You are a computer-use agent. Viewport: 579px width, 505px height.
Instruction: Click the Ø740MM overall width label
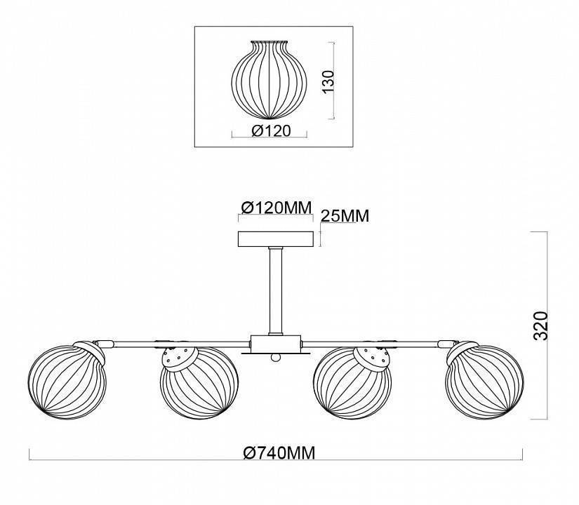(x=279, y=452)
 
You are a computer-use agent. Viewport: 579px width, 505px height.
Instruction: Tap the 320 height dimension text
(x=541, y=325)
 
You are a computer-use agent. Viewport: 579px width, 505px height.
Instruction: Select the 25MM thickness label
(x=345, y=216)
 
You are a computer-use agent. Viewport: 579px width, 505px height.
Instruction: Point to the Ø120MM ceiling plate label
(x=277, y=208)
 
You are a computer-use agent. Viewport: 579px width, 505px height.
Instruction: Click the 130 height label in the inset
(x=328, y=81)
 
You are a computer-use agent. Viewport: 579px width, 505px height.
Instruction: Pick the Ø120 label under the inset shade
(x=272, y=130)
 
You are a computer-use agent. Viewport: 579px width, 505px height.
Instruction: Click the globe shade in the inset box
(x=269, y=80)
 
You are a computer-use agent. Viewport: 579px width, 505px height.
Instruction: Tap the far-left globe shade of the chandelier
(x=67, y=380)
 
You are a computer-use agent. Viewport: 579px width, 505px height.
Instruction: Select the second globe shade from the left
(x=199, y=383)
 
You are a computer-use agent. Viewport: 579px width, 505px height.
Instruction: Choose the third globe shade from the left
(x=352, y=383)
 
